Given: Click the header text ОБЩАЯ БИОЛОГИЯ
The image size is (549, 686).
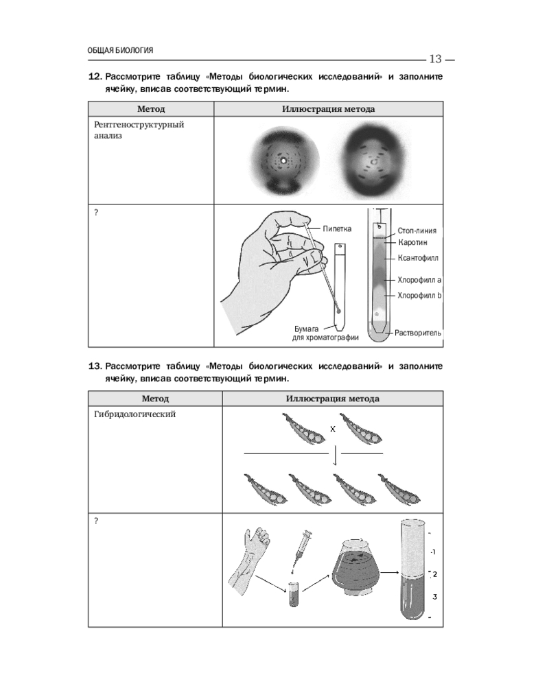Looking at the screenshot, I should pyautogui.click(x=120, y=50).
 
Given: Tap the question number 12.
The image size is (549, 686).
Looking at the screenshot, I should pyautogui.click(x=95, y=77).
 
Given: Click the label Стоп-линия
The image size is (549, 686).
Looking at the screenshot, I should pyautogui.click(x=417, y=231).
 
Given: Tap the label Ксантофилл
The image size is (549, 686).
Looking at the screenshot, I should pyautogui.click(x=417, y=258).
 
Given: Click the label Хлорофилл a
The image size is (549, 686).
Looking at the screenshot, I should pyautogui.click(x=419, y=280).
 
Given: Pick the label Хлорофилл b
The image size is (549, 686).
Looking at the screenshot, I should pyautogui.click(x=419, y=295).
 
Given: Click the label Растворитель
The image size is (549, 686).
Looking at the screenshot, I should pyautogui.click(x=417, y=333).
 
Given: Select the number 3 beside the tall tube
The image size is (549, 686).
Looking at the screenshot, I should pyautogui.click(x=434, y=597).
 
